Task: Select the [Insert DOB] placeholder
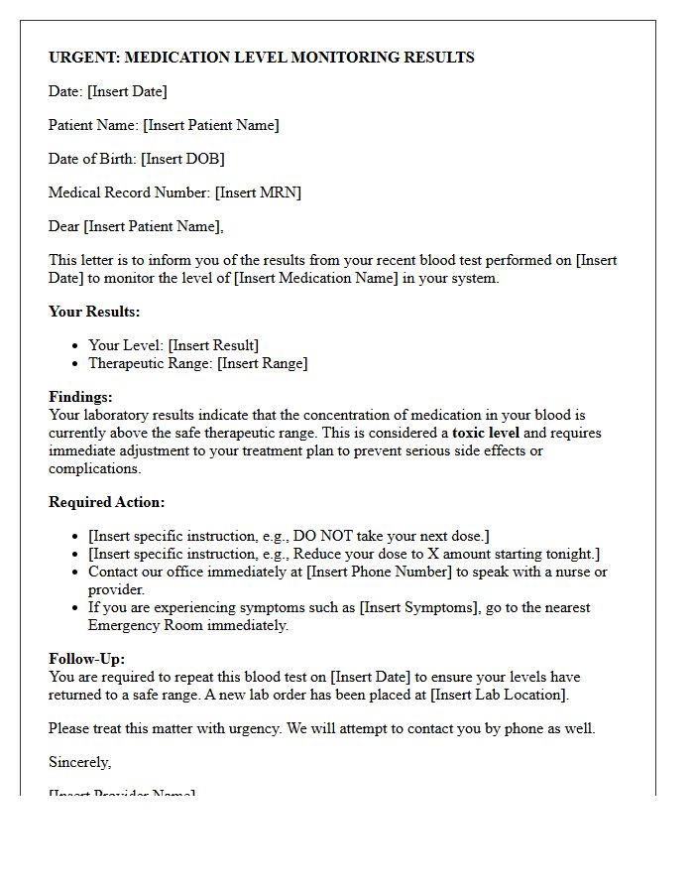[182, 159]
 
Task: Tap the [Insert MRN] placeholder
[258, 192]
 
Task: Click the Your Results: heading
[94, 312]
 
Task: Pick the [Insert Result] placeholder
[213, 345]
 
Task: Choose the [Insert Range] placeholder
[263, 363]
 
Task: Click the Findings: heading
[80, 397]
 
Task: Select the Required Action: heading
[107, 502]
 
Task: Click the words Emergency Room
[144, 625]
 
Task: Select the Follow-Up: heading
[86, 659]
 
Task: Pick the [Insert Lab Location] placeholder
[499, 695]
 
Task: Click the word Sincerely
[79, 762]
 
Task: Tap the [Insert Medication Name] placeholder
[315, 278]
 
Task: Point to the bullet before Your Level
[76, 345]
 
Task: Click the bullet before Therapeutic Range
[76, 363]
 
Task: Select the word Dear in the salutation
[63, 226]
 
